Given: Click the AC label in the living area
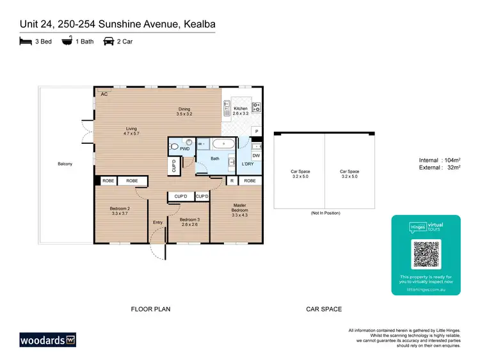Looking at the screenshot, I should click(x=103, y=94).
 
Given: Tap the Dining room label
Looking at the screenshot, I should click(x=184, y=111).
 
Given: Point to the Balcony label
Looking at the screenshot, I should click(x=65, y=164).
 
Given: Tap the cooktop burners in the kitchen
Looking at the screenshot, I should click(x=257, y=107).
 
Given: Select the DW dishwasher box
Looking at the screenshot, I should click(x=255, y=155).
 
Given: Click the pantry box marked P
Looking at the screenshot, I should click(x=256, y=132).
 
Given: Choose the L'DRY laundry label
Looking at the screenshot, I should click(x=248, y=164).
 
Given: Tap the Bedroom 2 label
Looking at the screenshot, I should click(x=120, y=210).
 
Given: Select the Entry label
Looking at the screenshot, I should click(x=157, y=223).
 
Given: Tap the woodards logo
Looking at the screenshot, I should click(x=47, y=339).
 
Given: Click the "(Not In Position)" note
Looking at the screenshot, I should click(x=325, y=213).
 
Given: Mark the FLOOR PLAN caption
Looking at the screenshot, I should click(x=150, y=309).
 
